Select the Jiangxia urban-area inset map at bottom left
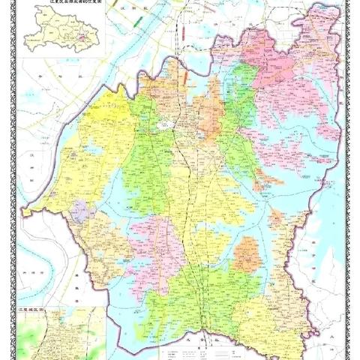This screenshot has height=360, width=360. [x=60, y=334]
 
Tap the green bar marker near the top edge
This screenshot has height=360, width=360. [x=136, y=22]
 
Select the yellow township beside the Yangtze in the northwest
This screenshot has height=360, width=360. [x=105, y=127]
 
